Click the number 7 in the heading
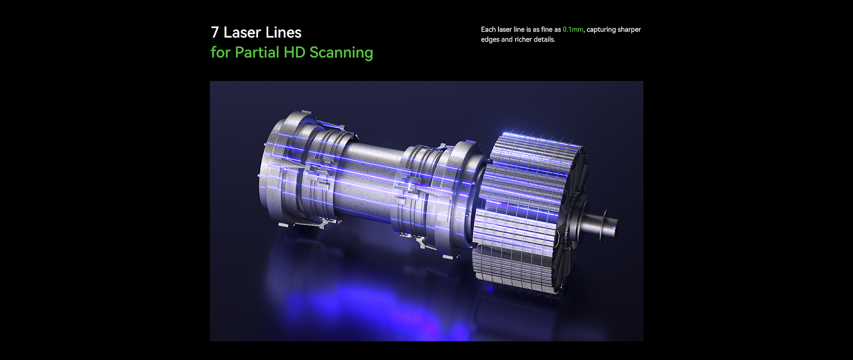tap(215, 33)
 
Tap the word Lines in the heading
tap(284, 33)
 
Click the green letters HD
tap(294, 52)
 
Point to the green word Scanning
tap(341, 53)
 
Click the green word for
tap(221, 52)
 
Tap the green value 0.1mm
tap(573, 29)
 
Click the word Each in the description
tap(488, 29)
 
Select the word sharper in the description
tap(629, 30)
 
